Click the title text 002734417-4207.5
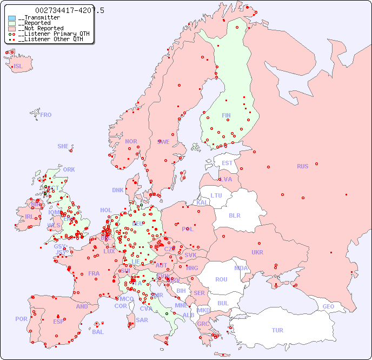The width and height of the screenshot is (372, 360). pyautogui.click(x=70, y=10)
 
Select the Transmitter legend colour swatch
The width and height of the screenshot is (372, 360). pyautogui.click(x=12, y=18)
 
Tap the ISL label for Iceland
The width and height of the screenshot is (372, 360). pyautogui.click(x=18, y=67)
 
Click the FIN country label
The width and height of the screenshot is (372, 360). pyautogui.click(x=226, y=115)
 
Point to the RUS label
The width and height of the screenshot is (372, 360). pyautogui.click(x=302, y=166)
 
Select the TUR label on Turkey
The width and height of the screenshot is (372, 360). pyautogui.click(x=277, y=330)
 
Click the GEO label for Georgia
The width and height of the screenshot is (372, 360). pyautogui.click(x=328, y=306)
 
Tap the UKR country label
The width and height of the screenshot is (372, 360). pyautogui.click(x=257, y=252)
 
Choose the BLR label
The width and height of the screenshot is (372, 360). pyautogui.click(x=234, y=215)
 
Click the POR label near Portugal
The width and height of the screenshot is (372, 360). pyautogui.click(x=21, y=319)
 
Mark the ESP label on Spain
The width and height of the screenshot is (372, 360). pyautogui.click(x=58, y=321)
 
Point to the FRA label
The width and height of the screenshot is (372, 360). pyautogui.click(x=94, y=273)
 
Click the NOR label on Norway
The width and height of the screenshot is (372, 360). pyautogui.click(x=131, y=141)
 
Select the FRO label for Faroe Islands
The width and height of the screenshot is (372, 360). pyautogui.click(x=45, y=115)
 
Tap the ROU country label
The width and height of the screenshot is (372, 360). pyautogui.click(x=221, y=279)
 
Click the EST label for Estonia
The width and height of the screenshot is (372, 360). pyautogui.click(x=227, y=163)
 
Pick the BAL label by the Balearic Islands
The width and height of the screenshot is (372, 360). pyautogui.click(x=98, y=332)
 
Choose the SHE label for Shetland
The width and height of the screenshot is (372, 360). pyautogui.click(x=63, y=146)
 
